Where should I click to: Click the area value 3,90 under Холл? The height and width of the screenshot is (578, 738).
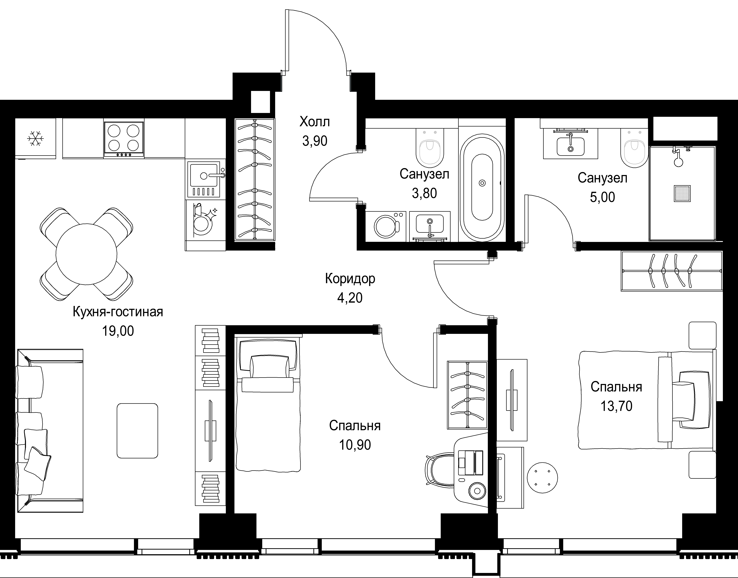click(315, 141)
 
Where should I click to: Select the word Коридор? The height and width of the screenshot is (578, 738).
click(350, 278)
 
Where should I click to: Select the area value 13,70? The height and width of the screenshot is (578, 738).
click(616, 406)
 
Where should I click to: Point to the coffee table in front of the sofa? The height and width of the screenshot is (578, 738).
click(137, 430)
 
